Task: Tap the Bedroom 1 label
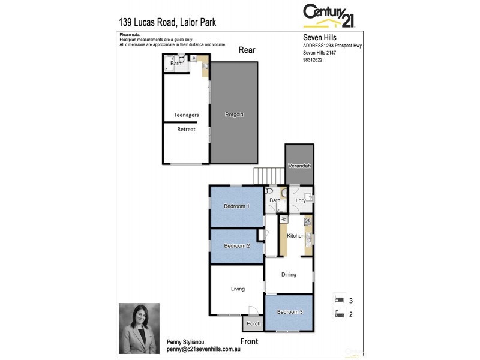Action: click(x=236, y=206)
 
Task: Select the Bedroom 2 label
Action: click(x=236, y=246)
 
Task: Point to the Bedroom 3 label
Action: click(x=289, y=312)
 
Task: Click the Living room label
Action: click(x=238, y=289)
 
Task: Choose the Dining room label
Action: click(x=289, y=275)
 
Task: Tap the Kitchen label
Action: click(x=295, y=236)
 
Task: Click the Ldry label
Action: click(x=301, y=200)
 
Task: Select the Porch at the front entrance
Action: click(x=252, y=324)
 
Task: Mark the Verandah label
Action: click(x=299, y=166)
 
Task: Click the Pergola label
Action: click(x=234, y=114)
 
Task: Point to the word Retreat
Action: click(x=186, y=130)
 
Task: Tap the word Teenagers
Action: click(x=186, y=115)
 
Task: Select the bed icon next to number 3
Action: click(x=340, y=299)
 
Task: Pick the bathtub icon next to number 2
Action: click(x=340, y=313)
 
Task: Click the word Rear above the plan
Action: click(x=247, y=50)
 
